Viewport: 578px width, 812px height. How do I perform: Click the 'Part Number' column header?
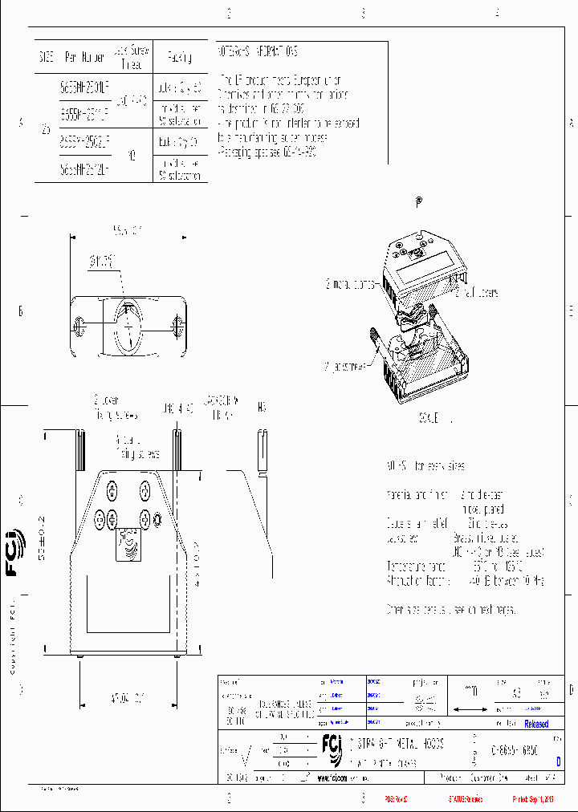coord(83,58)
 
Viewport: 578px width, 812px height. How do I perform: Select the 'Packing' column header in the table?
coord(179,58)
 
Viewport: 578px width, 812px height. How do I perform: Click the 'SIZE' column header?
coord(45,58)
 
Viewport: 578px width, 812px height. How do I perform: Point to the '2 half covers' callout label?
coord(477,293)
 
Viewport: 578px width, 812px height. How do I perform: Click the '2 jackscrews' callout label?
coord(346,366)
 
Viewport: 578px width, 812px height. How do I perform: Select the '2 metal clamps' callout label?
coord(351,284)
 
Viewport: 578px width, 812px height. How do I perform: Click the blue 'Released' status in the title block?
coord(536,724)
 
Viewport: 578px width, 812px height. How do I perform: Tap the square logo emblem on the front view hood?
coord(128,546)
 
